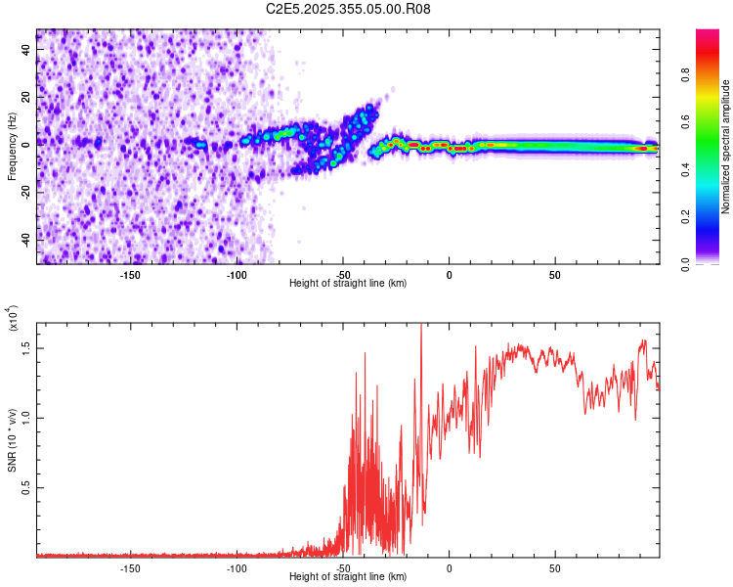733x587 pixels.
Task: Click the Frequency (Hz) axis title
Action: coord(12,147)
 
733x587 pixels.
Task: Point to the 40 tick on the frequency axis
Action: coord(28,48)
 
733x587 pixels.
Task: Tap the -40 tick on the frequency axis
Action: coord(28,238)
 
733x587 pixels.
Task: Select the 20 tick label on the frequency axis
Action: coord(28,96)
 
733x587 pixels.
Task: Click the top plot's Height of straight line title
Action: coord(348,283)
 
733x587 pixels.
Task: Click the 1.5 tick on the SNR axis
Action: coord(26,346)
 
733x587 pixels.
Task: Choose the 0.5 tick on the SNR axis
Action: coord(26,487)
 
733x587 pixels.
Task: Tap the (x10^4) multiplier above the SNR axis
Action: coord(12,320)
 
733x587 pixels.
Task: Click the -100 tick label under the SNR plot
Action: coord(237,567)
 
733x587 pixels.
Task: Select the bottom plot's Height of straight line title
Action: coord(348,577)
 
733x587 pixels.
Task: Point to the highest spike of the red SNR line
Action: coord(421,326)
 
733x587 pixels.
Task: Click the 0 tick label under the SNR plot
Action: coord(449,567)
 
